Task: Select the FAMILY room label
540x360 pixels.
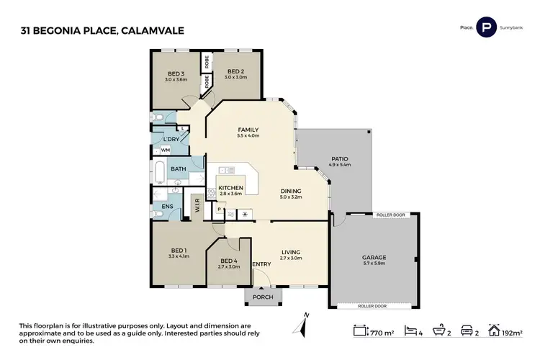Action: [x=248, y=130]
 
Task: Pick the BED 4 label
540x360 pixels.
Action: [x=228, y=261]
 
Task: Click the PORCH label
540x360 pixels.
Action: [x=259, y=295]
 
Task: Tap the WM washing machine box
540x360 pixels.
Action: [x=165, y=150]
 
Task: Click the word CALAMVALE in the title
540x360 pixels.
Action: [x=146, y=30]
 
